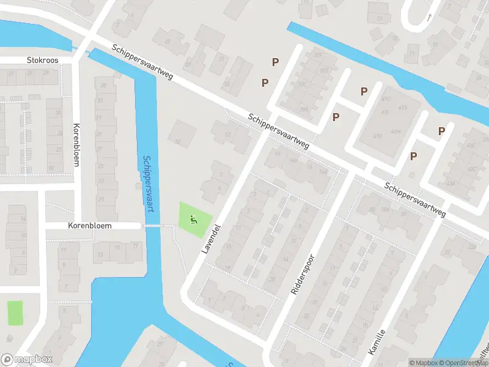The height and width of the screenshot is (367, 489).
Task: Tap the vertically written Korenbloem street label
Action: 76,145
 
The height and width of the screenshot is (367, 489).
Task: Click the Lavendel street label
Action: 210,239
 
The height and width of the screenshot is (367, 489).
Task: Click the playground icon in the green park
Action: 194,218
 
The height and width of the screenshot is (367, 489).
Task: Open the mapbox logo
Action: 27,360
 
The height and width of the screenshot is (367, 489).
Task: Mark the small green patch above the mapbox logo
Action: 15,313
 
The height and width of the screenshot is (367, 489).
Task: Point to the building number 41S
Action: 402,108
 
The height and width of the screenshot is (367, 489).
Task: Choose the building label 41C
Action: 385,98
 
